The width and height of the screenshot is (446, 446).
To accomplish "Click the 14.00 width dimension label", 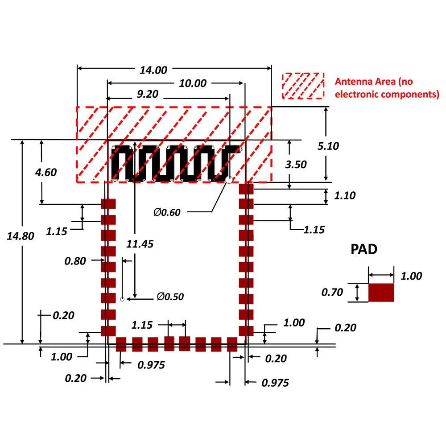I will coord(153,70).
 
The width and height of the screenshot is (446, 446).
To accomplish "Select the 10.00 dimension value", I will coord(193,83).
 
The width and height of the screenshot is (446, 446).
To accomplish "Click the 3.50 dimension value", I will coord(296,164).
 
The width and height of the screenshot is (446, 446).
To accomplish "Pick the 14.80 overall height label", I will coord(21,236).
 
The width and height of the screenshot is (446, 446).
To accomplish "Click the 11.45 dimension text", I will coord(140,244).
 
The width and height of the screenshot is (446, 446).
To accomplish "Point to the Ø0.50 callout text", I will coord(170,297).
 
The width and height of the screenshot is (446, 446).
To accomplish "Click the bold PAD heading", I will coord(363,249).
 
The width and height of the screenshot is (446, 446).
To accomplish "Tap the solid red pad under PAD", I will coord(381,293).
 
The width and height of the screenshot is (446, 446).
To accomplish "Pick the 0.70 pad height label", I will coord(332,293).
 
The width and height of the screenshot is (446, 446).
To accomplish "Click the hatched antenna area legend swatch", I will coord(303,86).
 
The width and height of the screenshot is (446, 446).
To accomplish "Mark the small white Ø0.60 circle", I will coord(229,180).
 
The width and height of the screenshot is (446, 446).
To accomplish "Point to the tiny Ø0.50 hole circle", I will coord(122,298).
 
